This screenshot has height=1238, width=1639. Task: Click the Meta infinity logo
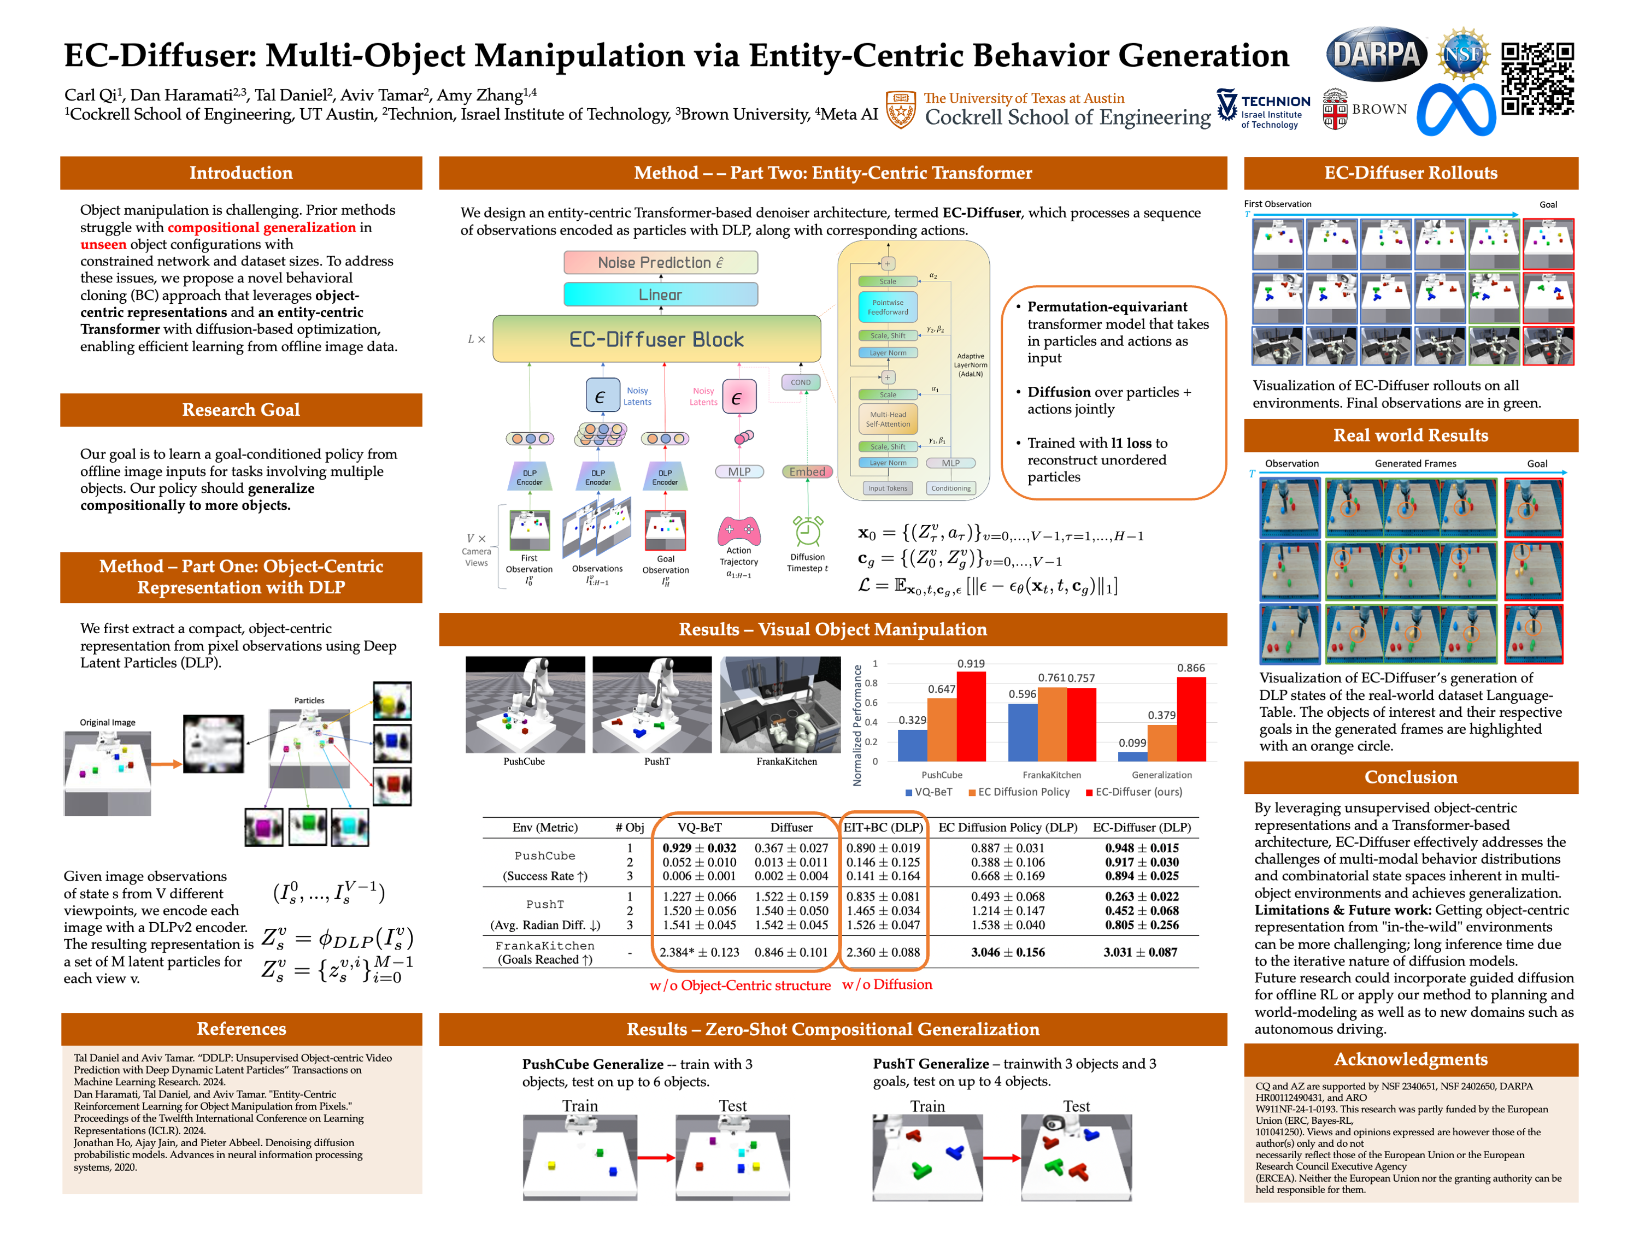(1456, 110)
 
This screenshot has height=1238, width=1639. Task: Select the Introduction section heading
(241, 173)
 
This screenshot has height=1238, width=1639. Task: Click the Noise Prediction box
(660, 262)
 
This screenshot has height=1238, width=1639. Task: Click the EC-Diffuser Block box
(656, 339)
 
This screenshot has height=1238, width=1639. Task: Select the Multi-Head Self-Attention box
(889, 420)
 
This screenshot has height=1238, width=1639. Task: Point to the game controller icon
(739, 530)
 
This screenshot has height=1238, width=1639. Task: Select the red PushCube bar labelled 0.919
(971, 716)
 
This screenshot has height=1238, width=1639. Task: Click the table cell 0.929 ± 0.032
(699, 847)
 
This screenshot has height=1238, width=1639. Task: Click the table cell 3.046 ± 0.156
(1008, 952)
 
